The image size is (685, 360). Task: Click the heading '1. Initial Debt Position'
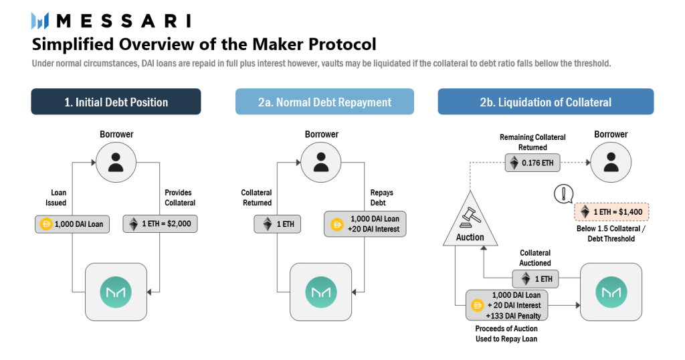point(116,102)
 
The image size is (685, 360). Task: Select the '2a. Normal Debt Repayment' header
point(324,102)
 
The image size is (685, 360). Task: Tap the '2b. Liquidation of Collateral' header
point(545,102)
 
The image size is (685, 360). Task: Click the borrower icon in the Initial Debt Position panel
point(116,162)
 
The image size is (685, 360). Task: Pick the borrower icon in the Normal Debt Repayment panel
point(322,162)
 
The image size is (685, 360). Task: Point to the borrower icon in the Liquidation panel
point(610,162)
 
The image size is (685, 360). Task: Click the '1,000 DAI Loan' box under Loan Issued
point(72,223)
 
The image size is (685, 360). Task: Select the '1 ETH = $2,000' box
point(160,223)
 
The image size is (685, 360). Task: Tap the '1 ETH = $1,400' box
point(611,213)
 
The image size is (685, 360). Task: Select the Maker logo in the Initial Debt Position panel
point(116,292)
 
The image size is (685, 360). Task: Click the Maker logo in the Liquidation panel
point(610,292)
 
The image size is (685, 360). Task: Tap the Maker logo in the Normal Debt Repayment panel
point(322,292)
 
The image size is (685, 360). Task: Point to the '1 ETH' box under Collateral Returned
point(277,223)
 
